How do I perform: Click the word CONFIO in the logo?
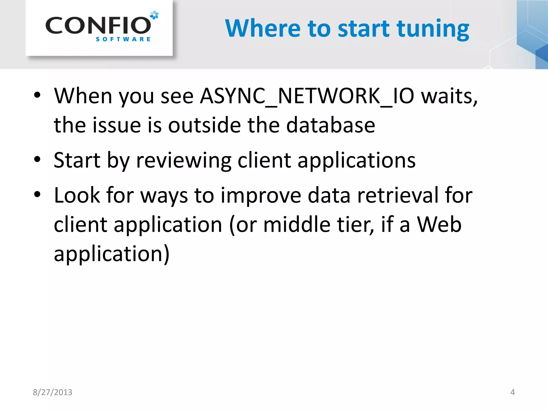[98, 25]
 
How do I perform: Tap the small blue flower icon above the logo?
[154, 15]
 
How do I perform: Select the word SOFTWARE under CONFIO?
[123, 39]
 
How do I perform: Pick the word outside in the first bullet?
[204, 125]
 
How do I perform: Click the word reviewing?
[184, 160]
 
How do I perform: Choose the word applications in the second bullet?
[356, 160]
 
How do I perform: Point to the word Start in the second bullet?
[77, 160]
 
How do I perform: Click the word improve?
[261, 195]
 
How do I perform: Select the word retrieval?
[398, 195]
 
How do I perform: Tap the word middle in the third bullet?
[297, 224]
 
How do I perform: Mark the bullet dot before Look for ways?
[37, 195]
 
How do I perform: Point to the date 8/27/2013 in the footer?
[52, 392]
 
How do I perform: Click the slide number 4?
[512, 392]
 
